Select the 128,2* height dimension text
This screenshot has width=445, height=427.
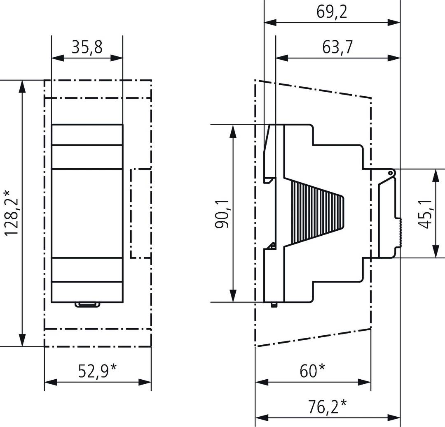(12, 213)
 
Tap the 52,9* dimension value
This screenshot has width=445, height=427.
(97, 371)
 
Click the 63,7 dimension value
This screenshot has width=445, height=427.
(337, 47)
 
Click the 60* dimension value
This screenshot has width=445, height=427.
(312, 371)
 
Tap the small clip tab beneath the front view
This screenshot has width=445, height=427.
(87, 305)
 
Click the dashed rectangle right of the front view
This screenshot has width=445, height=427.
(141, 213)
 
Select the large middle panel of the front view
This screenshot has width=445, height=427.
(87, 213)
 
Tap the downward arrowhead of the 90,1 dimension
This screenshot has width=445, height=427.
(233, 296)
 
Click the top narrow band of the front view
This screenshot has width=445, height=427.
(87, 135)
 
